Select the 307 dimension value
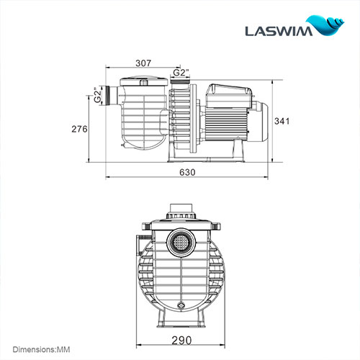coord(142,63)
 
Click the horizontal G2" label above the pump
coord(180,72)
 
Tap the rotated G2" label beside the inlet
coord(96,96)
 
